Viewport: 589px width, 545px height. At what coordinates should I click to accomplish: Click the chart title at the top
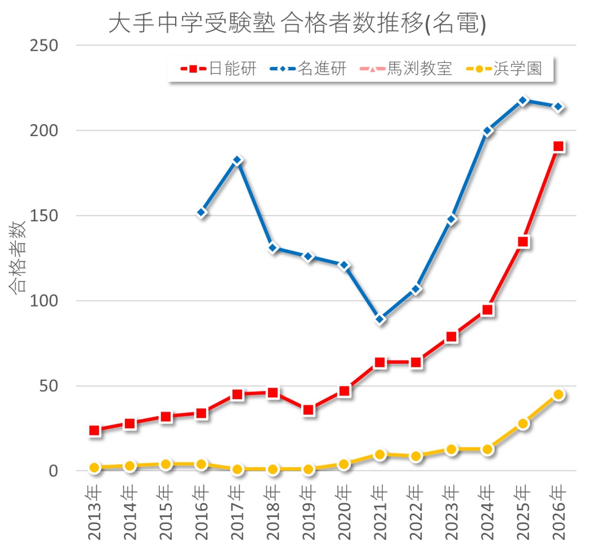(x=297, y=24)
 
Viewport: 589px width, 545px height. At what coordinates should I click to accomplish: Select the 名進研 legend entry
(x=308, y=69)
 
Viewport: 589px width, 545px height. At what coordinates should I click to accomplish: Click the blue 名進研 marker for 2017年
(x=237, y=160)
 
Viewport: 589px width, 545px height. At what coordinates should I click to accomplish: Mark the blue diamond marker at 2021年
(x=380, y=319)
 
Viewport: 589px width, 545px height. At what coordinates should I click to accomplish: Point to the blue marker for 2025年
(x=523, y=100)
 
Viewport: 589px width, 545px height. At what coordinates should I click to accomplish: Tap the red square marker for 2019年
(x=309, y=410)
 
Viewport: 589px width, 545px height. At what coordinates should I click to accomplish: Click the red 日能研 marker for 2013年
(x=94, y=430)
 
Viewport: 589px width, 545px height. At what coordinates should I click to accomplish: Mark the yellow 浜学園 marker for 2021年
(x=380, y=454)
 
